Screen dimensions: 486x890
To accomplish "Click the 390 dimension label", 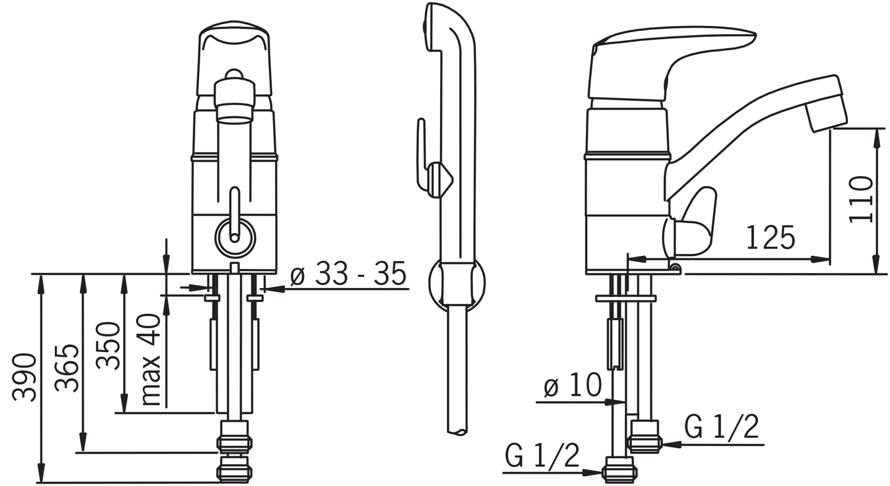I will pos(25,377).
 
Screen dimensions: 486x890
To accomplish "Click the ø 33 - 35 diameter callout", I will pos(348,274).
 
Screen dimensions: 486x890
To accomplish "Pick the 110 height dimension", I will pos(860,199).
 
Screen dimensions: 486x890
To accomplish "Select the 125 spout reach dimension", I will pos(770,237).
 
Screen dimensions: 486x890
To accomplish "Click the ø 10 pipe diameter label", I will pos(572,386).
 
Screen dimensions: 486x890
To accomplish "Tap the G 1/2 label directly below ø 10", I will pos(542,457).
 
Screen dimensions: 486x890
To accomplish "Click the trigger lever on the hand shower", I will pos(422,155).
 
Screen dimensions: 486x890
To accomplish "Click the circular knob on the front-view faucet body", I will pos(234,237).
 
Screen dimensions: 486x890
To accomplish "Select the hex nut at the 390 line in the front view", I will pos(234,472).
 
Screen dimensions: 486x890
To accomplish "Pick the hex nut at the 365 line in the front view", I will pos(234,443).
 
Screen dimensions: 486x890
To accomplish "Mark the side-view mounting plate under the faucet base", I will pos(625,299).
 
